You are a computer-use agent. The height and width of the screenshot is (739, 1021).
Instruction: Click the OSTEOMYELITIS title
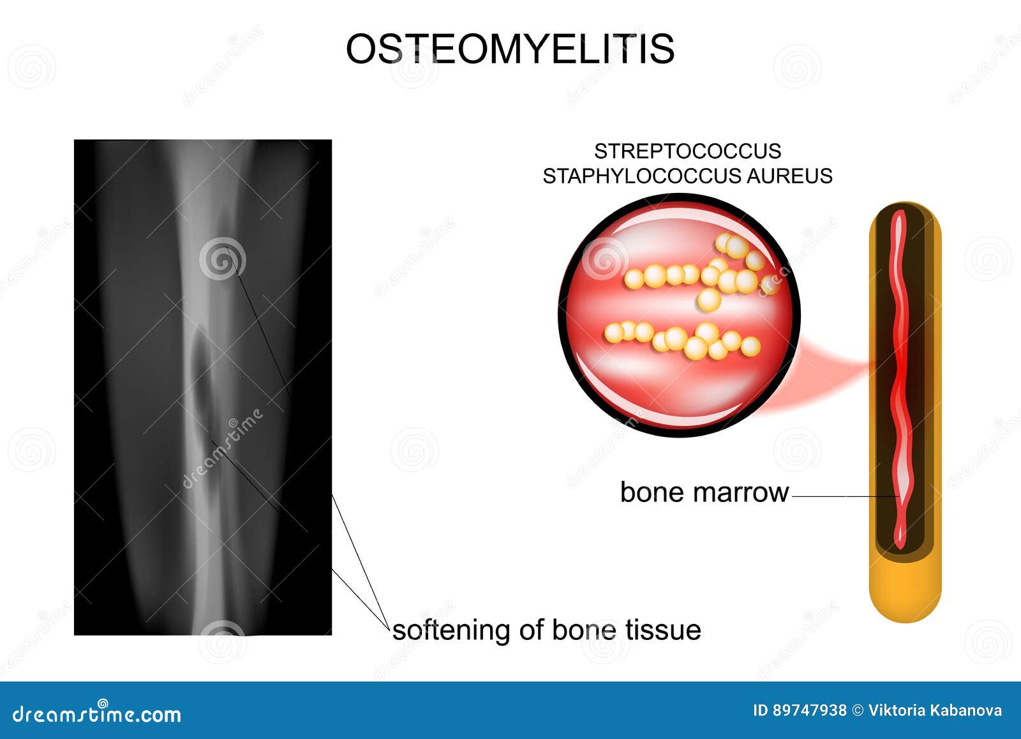(x=510, y=49)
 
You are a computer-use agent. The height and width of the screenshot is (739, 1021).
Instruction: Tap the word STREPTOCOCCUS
(x=687, y=151)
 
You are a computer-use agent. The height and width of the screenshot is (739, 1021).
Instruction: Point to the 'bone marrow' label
(x=704, y=492)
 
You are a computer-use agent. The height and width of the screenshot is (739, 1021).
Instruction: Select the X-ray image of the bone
(x=203, y=387)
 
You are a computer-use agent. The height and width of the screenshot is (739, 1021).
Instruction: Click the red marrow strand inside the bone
(x=900, y=383)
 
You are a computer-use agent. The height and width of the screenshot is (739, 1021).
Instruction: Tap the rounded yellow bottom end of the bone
(x=905, y=594)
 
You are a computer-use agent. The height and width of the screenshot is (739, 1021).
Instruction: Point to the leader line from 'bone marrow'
(x=842, y=496)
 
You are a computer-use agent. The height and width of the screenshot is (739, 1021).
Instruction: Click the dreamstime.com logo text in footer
(x=97, y=713)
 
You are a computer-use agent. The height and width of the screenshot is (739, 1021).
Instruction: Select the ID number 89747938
(x=809, y=710)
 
